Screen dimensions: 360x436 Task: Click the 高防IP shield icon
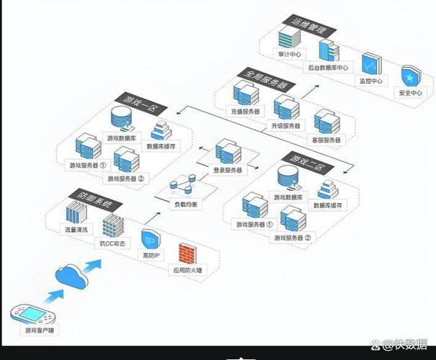(x=151, y=240)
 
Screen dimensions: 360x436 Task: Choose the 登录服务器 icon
(x=228, y=153)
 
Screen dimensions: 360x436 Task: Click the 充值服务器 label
(x=246, y=112)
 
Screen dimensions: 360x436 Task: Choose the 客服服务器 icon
(x=324, y=122)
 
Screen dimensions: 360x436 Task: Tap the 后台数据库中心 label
(x=328, y=68)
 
